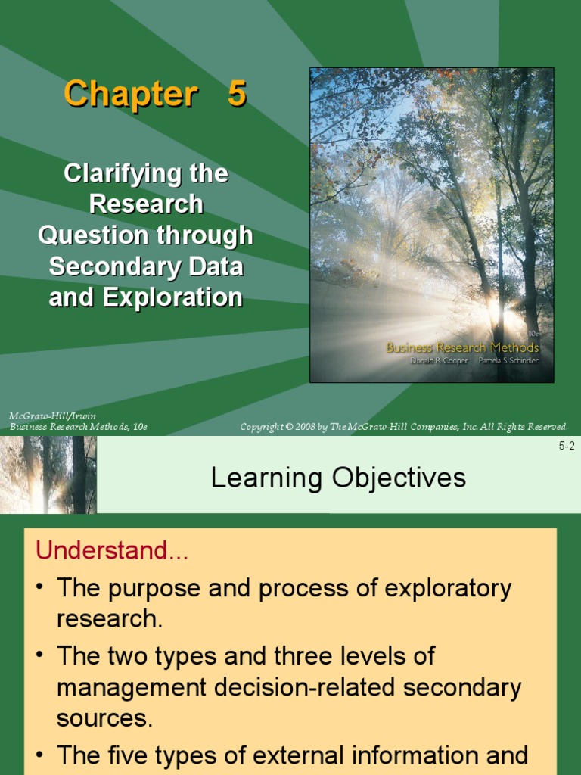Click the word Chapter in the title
130,95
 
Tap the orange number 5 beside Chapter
237,95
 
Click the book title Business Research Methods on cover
462,348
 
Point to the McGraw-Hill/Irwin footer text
52,416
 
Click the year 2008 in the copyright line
306,427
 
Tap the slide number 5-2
567,446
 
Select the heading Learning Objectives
338,478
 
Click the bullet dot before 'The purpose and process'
39,589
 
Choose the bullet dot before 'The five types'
39,755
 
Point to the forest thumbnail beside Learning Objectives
48,475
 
